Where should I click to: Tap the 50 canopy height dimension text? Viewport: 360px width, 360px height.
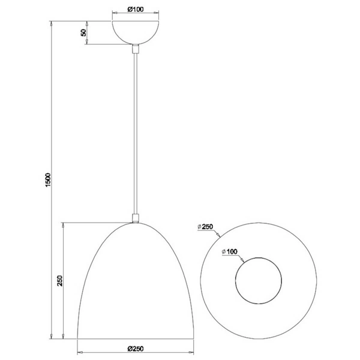point(83,33)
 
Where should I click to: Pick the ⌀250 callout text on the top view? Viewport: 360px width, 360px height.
point(206,226)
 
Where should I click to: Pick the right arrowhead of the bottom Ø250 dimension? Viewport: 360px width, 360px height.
point(192,353)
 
